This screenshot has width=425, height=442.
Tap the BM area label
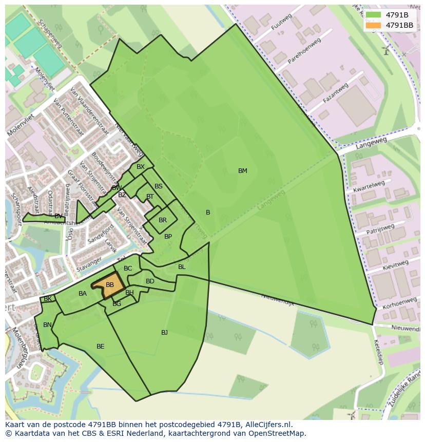click(243, 171)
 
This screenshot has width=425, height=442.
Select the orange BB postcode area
click(109, 286)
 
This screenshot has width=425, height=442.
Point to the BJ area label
click(164, 333)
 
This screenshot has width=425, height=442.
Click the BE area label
click(101, 347)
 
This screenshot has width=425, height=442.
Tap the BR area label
click(163, 220)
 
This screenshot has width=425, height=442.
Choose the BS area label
click(159, 186)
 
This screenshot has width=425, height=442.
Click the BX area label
click(141, 167)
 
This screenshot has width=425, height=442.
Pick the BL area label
click(182, 267)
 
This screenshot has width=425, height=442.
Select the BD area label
click(150, 281)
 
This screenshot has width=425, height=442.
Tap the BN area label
click(47, 325)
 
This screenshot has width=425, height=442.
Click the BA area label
click(83, 294)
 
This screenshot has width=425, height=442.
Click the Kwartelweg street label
click(369, 186)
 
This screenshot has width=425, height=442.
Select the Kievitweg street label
click(395, 266)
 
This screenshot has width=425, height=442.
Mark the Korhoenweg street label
click(399, 303)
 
